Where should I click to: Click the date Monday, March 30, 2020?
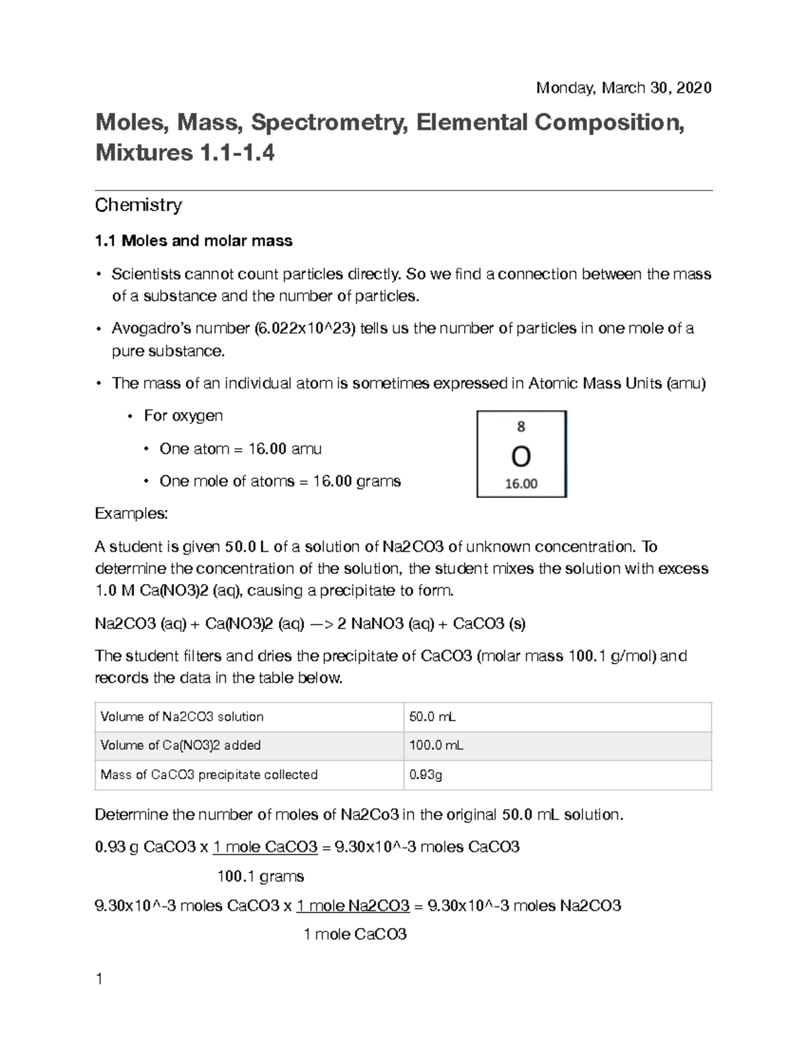tap(623, 88)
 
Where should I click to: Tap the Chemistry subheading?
tap(139, 205)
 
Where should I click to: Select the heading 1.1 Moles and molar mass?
tap(194, 241)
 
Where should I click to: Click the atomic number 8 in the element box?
tap(521, 427)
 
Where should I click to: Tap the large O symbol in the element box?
tap(521, 458)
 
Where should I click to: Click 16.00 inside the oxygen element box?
tap(521, 484)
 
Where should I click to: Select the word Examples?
tap(131, 513)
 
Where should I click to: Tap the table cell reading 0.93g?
tap(426, 775)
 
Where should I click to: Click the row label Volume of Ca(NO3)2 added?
tap(180, 746)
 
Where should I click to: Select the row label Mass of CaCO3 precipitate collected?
tap(208, 775)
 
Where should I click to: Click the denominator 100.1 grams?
tap(260, 877)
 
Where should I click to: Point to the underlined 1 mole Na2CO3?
tap(353, 906)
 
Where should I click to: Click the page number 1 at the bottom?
tap(99, 980)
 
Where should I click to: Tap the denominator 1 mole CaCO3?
tap(355, 935)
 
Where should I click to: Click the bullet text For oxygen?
tap(183, 416)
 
